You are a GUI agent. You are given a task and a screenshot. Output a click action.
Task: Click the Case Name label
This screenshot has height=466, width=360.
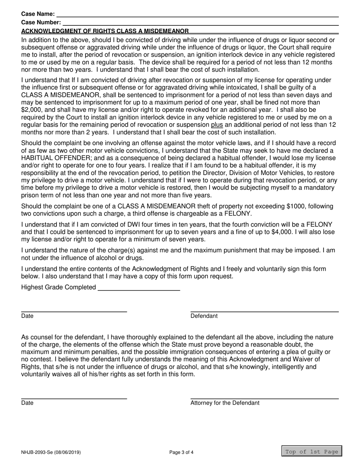pos(38,14)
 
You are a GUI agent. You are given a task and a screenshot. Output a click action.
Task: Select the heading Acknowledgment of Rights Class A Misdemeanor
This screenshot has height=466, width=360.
pos(105,31)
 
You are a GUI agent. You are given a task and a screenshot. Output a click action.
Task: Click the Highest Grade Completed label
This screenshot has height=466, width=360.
pos(59,287)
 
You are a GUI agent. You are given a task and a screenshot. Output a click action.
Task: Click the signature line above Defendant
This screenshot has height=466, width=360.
pos(264,311)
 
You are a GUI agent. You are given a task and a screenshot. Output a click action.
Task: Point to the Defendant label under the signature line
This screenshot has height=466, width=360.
pos(204,316)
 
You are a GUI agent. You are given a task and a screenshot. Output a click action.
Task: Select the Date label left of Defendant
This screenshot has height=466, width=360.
pos(27,316)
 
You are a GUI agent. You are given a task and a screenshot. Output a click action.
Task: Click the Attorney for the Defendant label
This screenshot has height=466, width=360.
pos(225,403)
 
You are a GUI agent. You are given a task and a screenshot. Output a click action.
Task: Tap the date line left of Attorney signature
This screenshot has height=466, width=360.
pos(74,398)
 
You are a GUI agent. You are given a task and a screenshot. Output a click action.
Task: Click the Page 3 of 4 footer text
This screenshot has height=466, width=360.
pos(182,452)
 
